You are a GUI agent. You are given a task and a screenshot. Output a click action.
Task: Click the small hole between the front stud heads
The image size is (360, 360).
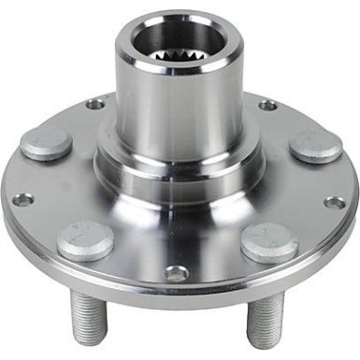click(176, 273)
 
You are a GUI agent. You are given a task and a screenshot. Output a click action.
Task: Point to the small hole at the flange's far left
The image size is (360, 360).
click(23, 198)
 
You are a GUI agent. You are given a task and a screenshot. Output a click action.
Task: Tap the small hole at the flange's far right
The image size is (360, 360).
click(335, 201)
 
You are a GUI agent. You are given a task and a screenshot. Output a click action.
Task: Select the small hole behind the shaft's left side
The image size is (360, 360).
click(95, 103)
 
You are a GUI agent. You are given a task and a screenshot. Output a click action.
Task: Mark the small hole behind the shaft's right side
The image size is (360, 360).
click(267, 105)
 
